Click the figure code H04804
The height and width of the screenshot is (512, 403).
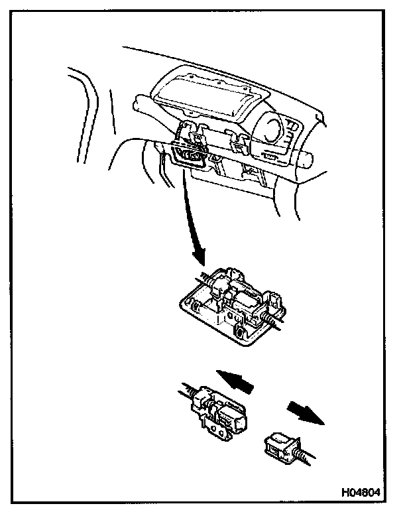coord(361,493)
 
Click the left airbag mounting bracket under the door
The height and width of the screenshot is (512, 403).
coord(194,137)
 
